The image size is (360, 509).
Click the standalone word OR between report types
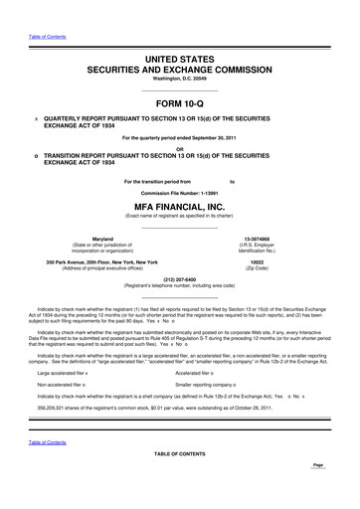(x=179, y=150)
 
